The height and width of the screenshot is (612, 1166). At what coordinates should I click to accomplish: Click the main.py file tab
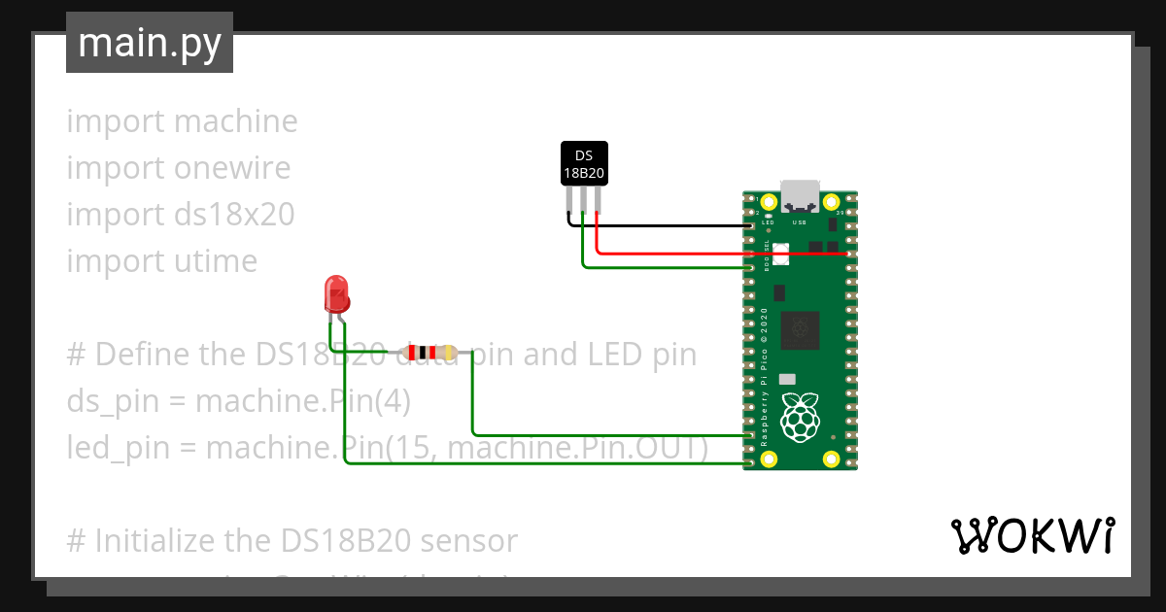(149, 43)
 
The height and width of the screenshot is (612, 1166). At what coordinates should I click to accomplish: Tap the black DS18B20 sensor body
(584, 164)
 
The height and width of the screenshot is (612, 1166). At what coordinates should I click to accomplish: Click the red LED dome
(335, 291)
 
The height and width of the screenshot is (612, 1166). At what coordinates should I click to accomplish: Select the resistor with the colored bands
(428, 353)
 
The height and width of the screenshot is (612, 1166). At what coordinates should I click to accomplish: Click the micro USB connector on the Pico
(801, 198)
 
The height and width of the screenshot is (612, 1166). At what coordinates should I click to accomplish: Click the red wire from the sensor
(719, 254)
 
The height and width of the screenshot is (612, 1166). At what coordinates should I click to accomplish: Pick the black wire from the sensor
(661, 225)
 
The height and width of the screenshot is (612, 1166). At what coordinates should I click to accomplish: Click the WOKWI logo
(1032, 535)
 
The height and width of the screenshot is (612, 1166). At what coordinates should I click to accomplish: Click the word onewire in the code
(232, 168)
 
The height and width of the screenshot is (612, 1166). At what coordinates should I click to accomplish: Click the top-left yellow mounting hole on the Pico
(769, 202)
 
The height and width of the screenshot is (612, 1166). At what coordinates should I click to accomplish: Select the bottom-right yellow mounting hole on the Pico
(831, 459)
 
